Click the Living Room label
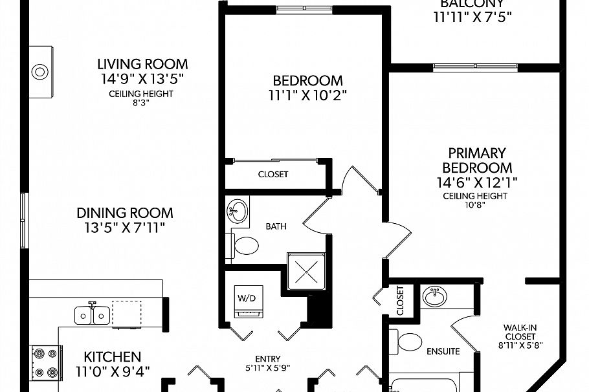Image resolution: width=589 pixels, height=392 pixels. tap(142, 64)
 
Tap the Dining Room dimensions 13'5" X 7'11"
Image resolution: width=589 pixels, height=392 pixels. tap(125, 228)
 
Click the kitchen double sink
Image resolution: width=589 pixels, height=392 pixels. tap(92, 315)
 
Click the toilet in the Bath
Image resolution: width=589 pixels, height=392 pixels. tap(245, 246)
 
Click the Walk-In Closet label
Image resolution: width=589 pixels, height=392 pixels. tap(520, 332)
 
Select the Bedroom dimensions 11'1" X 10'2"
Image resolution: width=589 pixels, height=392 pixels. tap(307, 96)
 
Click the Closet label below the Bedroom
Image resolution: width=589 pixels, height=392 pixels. tap(273, 174)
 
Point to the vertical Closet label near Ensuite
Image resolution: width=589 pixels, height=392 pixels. tap(399, 300)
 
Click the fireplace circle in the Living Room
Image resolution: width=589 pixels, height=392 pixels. tap(40, 71)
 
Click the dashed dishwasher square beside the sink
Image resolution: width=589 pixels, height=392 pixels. tap(126, 312)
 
